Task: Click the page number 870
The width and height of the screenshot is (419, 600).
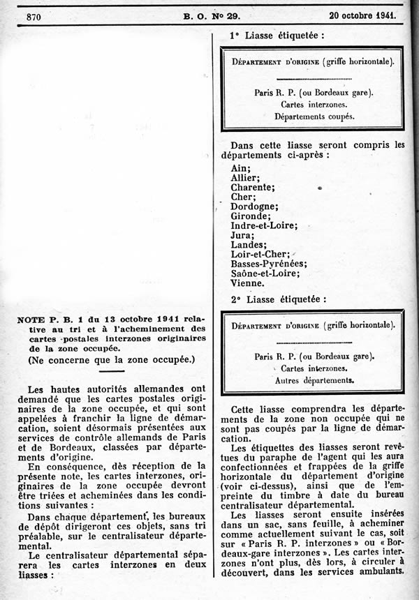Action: (x=32, y=15)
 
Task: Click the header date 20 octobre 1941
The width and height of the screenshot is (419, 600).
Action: (x=362, y=14)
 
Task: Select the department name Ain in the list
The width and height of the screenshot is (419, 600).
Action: (x=240, y=168)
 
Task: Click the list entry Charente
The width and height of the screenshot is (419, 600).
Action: (x=253, y=187)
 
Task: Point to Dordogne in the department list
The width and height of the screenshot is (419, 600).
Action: (x=254, y=207)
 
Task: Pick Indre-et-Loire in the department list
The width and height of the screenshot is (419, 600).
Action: (x=264, y=226)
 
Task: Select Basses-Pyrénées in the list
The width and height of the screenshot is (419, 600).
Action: (x=268, y=264)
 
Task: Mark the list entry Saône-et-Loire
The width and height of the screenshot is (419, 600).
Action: (x=265, y=274)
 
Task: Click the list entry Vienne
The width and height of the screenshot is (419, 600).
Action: (x=247, y=284)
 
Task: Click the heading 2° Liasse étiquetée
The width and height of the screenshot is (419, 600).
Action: (x=278, y=299)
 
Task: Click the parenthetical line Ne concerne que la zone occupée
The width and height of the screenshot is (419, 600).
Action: (x=112, y=360)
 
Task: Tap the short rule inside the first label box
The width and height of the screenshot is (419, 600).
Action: (x=313, y=80)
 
